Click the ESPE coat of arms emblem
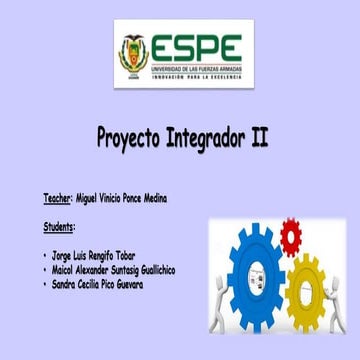134,52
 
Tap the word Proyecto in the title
132,138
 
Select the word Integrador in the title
206,138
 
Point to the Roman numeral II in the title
258,137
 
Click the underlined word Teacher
58,199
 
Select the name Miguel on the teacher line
87,199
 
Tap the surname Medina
152,199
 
